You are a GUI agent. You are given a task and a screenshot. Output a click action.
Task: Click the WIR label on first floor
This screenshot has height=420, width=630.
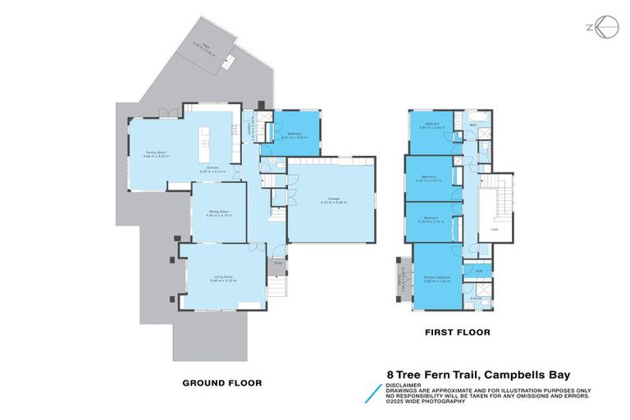(x=477, y=270)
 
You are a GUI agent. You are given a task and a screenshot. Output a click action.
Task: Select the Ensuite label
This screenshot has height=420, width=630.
(x=477, y=299)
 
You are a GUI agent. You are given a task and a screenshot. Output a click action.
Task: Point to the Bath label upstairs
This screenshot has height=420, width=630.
(x=474, y=126)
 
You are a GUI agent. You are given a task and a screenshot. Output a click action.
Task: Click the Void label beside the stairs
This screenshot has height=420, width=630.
(x=495, y=231)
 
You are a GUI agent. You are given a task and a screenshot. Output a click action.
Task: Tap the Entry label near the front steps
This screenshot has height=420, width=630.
(x=278, y=263)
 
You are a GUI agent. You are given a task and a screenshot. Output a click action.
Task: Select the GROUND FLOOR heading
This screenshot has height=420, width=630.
(x=221, y=382)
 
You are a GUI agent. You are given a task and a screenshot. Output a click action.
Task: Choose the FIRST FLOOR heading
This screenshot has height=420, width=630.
(x=458, y=333)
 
